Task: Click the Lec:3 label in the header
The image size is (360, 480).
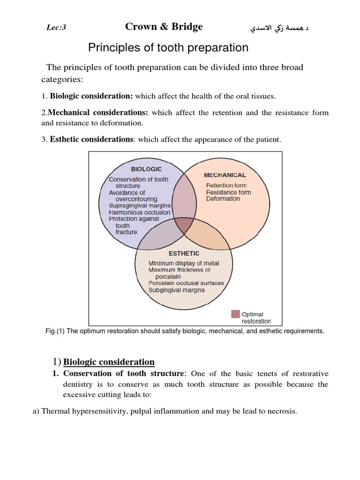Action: coord(56,28)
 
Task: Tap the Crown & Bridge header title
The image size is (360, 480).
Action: coord(164,27)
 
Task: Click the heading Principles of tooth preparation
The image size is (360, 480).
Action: coord(168,48)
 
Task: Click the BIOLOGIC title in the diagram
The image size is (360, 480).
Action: coord(146,169)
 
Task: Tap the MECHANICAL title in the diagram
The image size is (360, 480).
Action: coord(225,175)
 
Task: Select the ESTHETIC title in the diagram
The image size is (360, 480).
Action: coord(184,253)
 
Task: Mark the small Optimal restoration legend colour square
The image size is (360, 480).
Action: coord(235,314)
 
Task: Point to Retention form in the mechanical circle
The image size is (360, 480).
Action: coord(226,186)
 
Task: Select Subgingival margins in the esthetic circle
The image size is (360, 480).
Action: coord(176,290)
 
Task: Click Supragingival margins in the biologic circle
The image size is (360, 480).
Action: coord(140,205)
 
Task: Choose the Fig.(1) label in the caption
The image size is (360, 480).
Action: coord(55,331)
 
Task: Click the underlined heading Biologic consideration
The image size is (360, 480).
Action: coord(109,361)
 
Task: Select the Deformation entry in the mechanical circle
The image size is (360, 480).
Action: coord(223,199)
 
